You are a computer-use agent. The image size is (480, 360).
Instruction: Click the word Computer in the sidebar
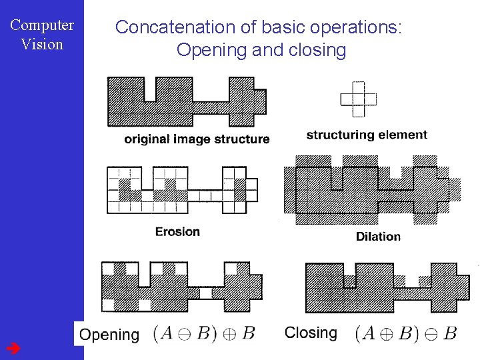tap(42, 26)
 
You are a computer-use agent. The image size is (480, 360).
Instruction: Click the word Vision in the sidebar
tap(42, 45)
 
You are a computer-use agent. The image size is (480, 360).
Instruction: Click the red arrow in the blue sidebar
tap(13, 348)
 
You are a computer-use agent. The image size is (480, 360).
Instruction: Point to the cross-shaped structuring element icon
tap(359, 99)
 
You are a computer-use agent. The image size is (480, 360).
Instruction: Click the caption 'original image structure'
tap(197, 139)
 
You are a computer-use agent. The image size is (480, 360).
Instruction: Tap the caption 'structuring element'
tap(367, 135)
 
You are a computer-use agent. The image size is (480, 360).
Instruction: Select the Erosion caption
tap(177, 231)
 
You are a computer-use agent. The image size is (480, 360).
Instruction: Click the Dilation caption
tap(378, 236)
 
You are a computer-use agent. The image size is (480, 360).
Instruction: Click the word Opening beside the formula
tap(109, 335)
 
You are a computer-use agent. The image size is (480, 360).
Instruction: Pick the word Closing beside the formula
tap(311, 333)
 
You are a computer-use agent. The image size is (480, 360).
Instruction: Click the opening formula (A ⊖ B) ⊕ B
tap(203, 333)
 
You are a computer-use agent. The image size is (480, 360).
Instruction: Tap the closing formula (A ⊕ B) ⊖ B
tap(406, 333)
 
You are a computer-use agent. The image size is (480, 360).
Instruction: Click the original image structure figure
tap(187, 102)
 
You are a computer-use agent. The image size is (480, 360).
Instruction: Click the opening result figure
tap(181, 287)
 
